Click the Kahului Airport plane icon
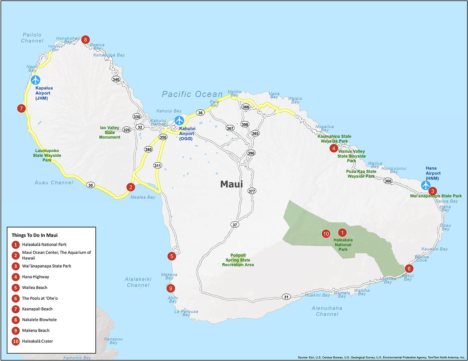(x=179, y=120)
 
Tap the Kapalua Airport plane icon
(x=36, y=80)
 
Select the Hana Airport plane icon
(x=426, y=185)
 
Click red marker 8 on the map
(x=85, y=40)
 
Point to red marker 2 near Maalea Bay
(x=131, y=187)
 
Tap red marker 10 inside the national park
(x=326, y=234)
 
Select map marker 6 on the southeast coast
(x=409, y=268)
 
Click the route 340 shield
(x=116, y=79)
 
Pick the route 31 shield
(x=286, y=297)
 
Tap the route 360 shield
(x=388, y=181)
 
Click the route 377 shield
(x=252, y=191)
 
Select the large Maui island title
(x=232, y=184)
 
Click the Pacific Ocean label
(x=192, y=94)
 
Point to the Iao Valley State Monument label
(x=110, y=132)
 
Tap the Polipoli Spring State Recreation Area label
(x=238, y=260)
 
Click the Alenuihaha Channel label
(x=327, y=311)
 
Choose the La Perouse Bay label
(x=186, y=313)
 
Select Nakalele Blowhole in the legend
(x=39, y=320)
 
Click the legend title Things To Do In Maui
(x=35, y=235)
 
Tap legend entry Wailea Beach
(x=35, y=287)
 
